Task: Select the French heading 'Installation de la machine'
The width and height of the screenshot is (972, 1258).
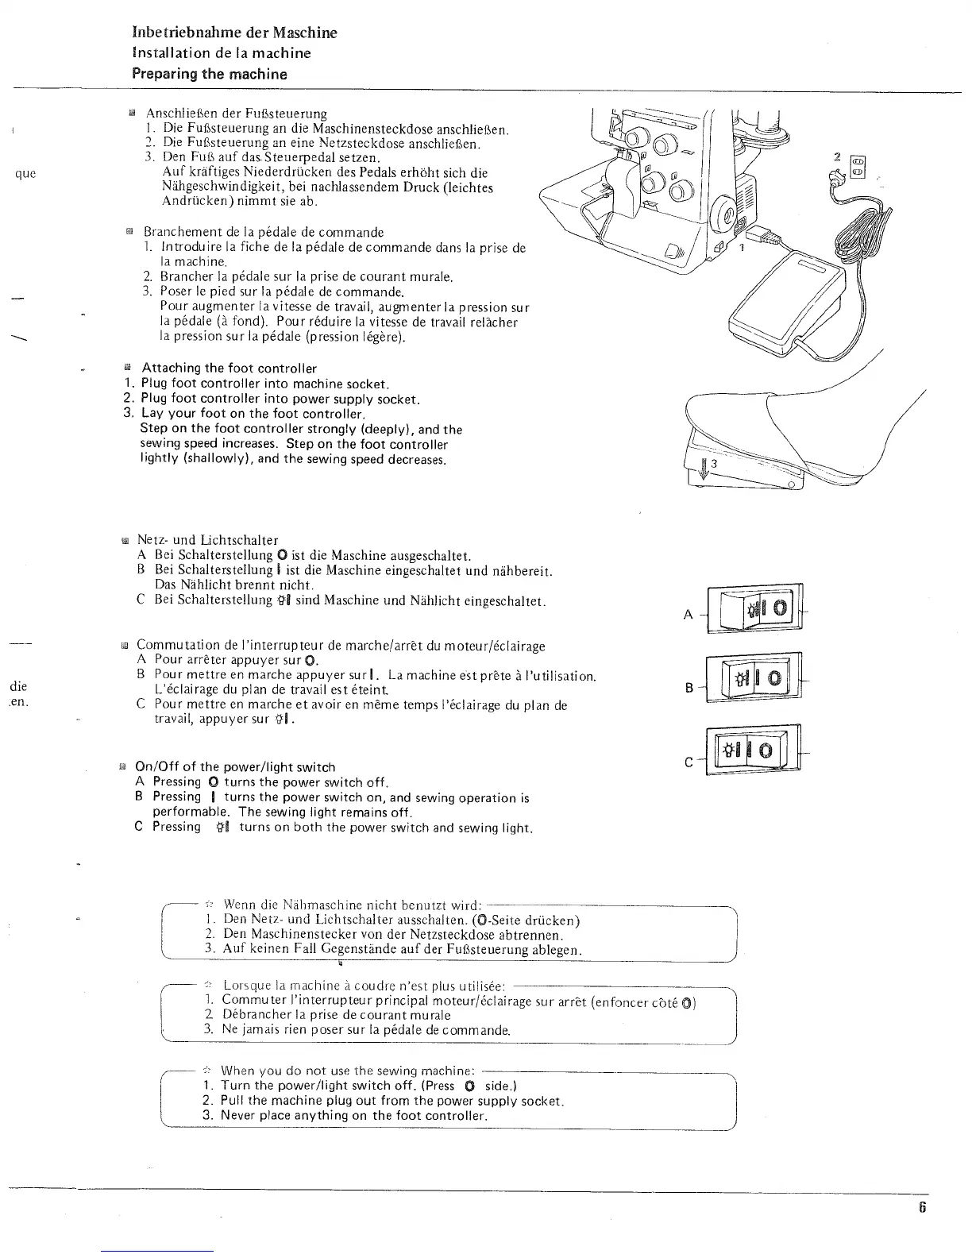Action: pyautogui.click(x=221, y=53)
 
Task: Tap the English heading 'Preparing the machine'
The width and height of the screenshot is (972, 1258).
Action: pyautogui.click(x=209, y=75)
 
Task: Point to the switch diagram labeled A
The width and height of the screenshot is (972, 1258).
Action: pyautogui.click(x=754, y=608)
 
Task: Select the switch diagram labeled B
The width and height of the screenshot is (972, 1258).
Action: pyautogui.click(x=754, y=679)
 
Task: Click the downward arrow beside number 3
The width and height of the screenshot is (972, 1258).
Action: pyautogui.click(x=703, y=468)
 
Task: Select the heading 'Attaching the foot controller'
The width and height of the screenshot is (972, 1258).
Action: pyautogui.click(x=229, y=369)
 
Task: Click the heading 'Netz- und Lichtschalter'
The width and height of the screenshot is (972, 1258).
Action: pyautogui.click(x=207, y=541)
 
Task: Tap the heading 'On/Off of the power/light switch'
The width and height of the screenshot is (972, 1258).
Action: pyautogui.click(x=235, y=767)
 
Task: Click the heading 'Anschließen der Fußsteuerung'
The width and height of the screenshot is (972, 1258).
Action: pyautogui.click(x=236, y=114)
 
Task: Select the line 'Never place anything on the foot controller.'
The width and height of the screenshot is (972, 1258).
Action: pyautogui.click(x=354, y=1116)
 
